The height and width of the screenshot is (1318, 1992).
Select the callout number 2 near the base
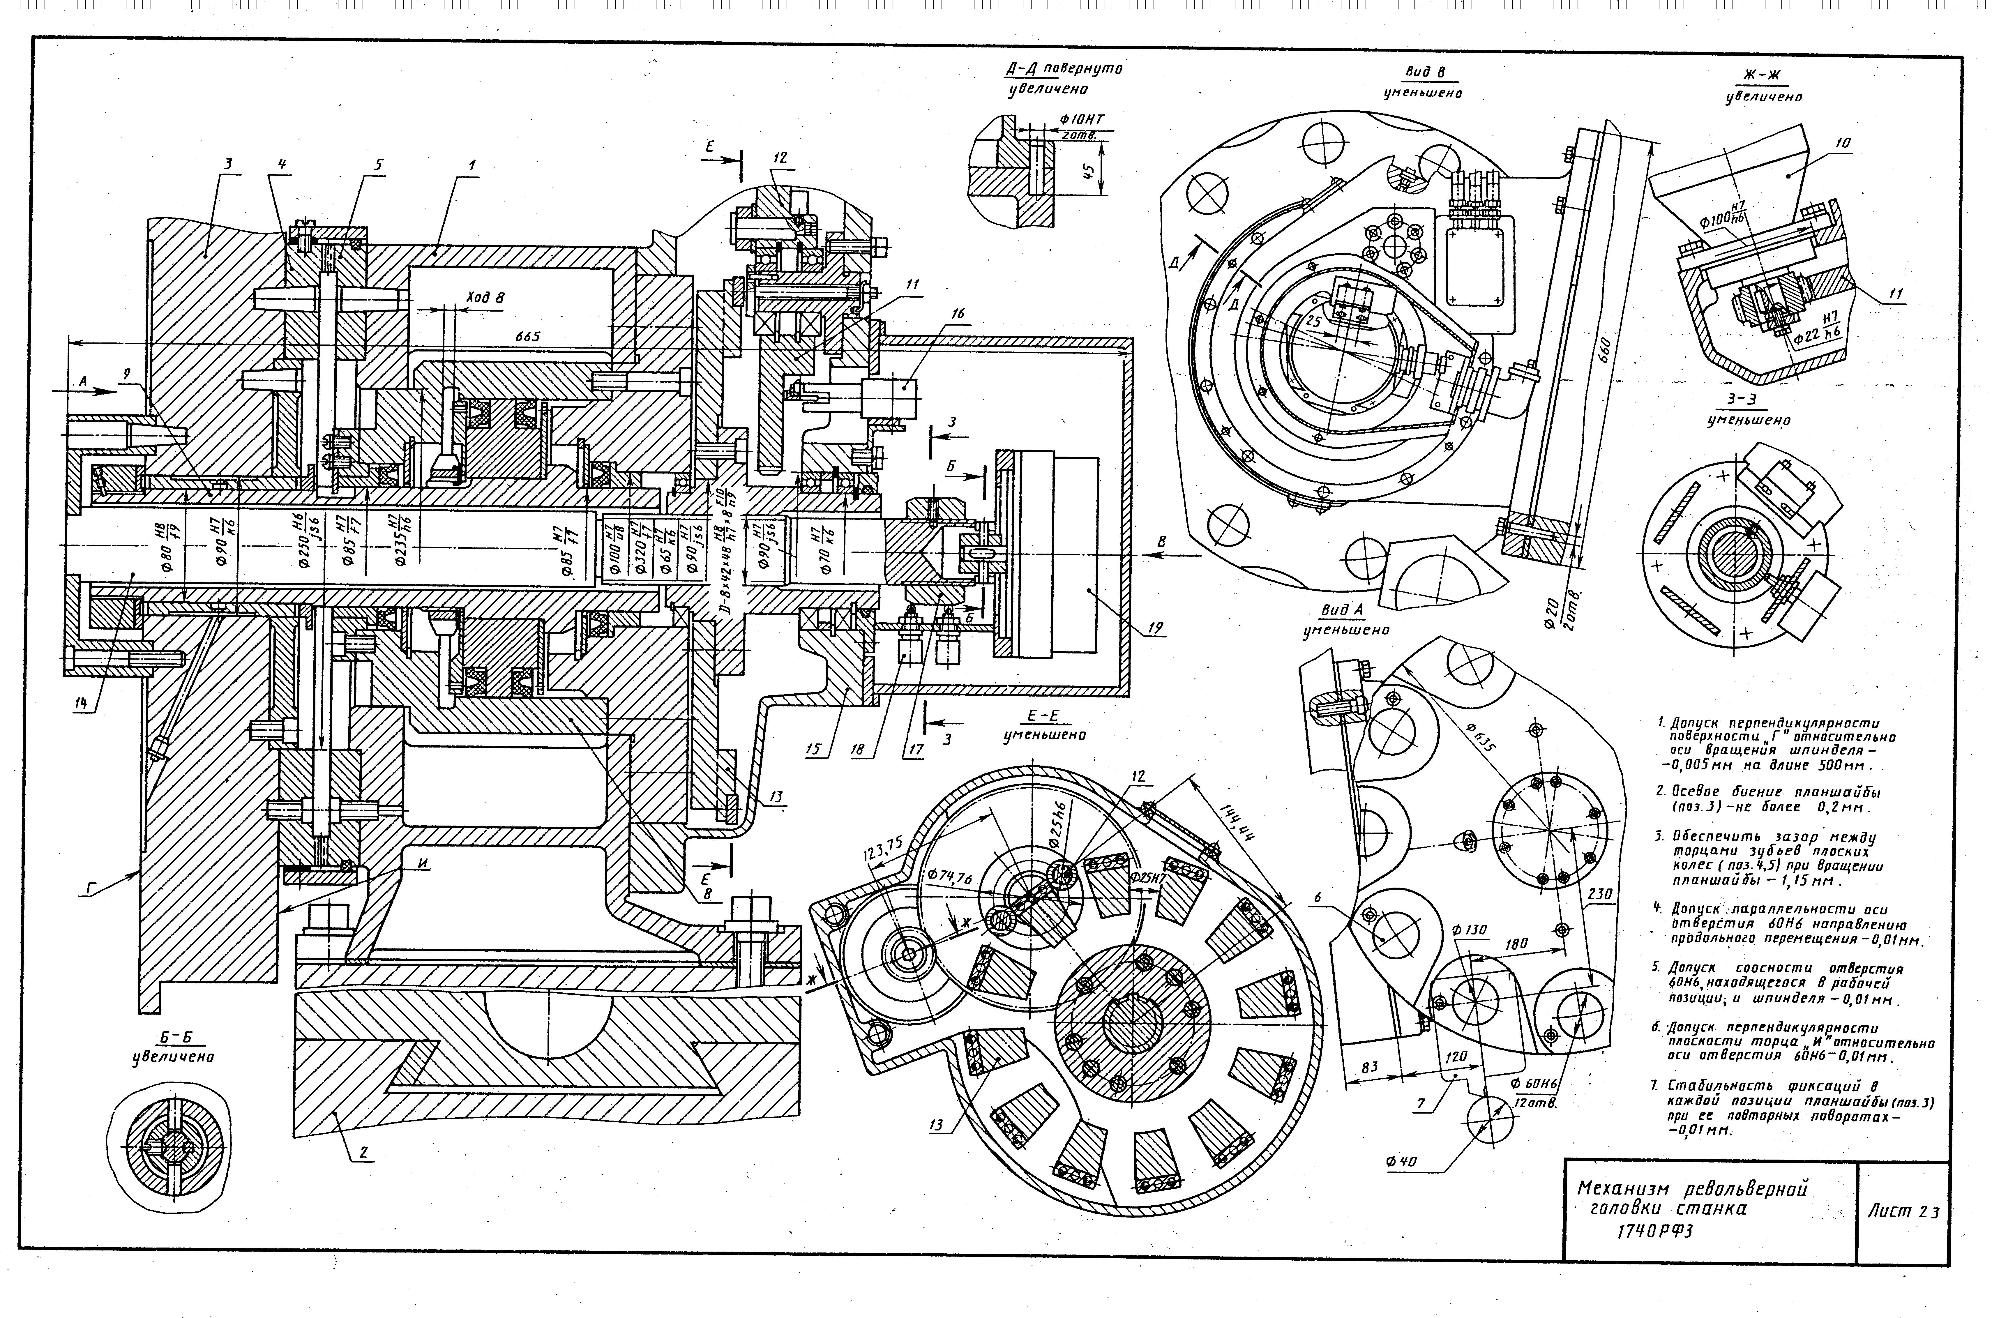click(x=363, y=1153)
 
